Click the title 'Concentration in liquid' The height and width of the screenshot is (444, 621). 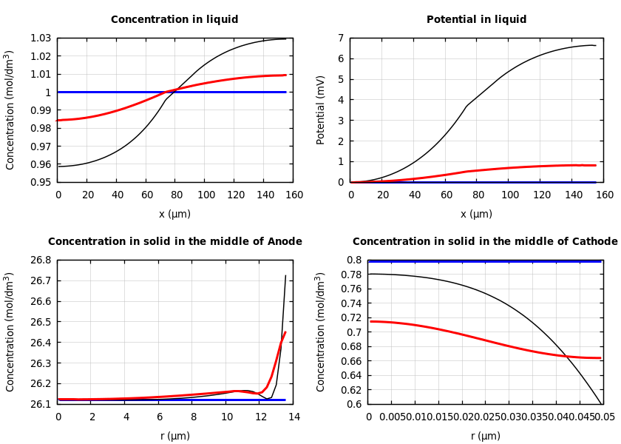[174, 20]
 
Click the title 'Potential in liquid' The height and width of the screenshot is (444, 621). [476, 20]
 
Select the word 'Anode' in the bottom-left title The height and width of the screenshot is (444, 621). [282, 242]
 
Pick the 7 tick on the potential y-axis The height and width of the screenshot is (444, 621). [341, 38]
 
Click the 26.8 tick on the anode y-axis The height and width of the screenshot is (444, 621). [39, 260]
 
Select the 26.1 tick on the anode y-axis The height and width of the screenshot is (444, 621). [39, 404]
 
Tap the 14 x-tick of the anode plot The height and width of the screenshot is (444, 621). [293, 417]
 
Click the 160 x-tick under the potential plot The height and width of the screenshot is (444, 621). [604, 195]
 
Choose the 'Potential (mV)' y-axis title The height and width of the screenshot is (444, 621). [321, 110]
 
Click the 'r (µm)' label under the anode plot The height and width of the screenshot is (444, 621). [174, 436]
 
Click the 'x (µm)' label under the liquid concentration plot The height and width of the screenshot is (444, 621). [174, 214]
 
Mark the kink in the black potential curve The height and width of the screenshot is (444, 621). [467, 106]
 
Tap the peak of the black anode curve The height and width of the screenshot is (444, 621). [285, 276]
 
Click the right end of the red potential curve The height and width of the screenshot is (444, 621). [595, 165]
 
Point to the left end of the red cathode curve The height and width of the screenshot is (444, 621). [370, 321]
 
